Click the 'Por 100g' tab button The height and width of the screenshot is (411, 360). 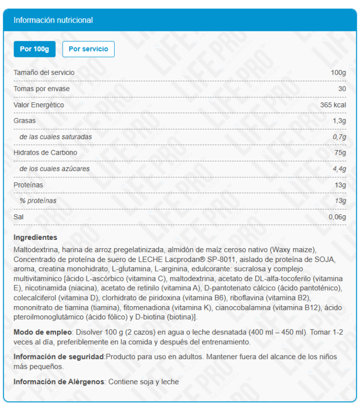[34, 49]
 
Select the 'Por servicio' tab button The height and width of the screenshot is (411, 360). [88, 49]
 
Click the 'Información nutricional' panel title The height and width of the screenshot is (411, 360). [53, 20]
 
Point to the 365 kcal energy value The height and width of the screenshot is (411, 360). [333, 105]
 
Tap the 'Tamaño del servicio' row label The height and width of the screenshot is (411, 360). [44, 72]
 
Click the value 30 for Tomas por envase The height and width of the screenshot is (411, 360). [342, 88]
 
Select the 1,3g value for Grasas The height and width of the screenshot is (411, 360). [339, 121]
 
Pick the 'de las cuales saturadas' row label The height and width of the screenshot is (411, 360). [56, 137]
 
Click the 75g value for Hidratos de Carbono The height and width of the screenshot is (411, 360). [340, 153]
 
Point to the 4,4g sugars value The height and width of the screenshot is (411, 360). [339, 169]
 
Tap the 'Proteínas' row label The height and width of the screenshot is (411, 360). [28, 184]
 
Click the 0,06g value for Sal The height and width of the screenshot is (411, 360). [337, 217]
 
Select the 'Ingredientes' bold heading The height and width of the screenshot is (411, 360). [35, 237]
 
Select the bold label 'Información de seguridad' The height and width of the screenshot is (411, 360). [59, 357]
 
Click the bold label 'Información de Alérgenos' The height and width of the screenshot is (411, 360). [59, 382]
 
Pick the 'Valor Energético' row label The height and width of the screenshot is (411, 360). [39, 105]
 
